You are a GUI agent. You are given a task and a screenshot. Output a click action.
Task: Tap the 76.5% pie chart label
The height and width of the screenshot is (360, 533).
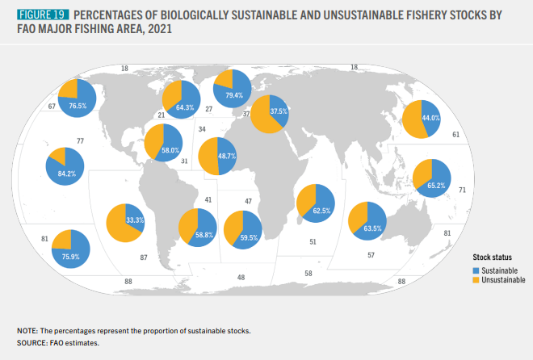(78, 106)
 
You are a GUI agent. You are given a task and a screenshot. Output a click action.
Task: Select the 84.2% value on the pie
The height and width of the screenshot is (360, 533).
(66, 174)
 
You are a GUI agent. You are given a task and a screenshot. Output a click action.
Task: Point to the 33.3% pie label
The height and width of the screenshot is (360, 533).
(136, 219)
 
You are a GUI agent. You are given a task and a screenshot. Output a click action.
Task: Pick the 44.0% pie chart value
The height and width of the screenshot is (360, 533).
(430, 118)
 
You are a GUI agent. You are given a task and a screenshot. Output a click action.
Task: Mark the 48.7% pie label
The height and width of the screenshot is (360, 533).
(227, 156)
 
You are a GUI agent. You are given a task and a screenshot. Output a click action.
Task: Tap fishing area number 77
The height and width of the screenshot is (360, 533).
(81, 141)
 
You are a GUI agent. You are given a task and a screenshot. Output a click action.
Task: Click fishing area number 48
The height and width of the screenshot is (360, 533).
(241, 277)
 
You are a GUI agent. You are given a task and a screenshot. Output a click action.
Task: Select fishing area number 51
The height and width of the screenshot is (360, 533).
(313, 241)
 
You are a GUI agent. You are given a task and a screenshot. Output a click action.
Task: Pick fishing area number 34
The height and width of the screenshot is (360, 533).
(202, 128)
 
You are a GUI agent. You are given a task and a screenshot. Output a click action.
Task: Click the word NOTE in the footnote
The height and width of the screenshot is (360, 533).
(27, 332)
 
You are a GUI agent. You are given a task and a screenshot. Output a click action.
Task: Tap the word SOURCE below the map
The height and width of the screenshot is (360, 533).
(32, 343)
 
